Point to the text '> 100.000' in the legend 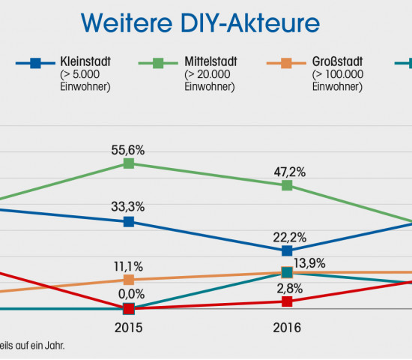(338, 75)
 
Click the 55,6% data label (129, 150)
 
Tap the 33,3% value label (129, 207)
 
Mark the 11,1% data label (129, 265)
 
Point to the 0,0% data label (129, 293)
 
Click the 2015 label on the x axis (129, 328)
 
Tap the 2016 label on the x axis (287, 328)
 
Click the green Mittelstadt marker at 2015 (129, 163)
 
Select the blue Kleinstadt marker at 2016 (287, 250)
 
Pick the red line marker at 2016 (287, 301)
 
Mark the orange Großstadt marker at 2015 (129, 280)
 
